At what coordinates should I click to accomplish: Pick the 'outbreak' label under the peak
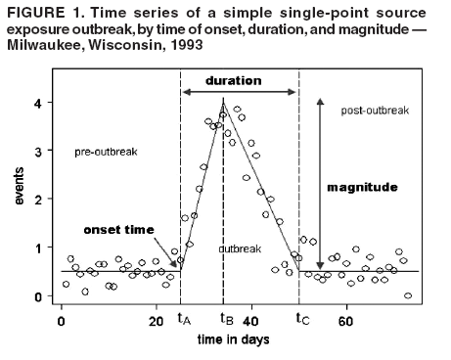coord(241,248)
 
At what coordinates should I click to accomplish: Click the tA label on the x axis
coord(183,319)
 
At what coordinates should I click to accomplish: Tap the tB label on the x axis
coord(225,319)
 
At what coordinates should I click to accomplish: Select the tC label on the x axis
coord(301,319)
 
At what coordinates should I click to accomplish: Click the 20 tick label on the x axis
coord(156,319)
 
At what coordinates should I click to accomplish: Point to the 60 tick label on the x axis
coord(344,319)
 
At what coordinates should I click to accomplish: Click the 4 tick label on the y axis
coord(36,103)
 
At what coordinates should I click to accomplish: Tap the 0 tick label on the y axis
coord(36,295)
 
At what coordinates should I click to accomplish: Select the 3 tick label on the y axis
coord(36,152)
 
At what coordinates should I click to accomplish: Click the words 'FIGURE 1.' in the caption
coord(42,12)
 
